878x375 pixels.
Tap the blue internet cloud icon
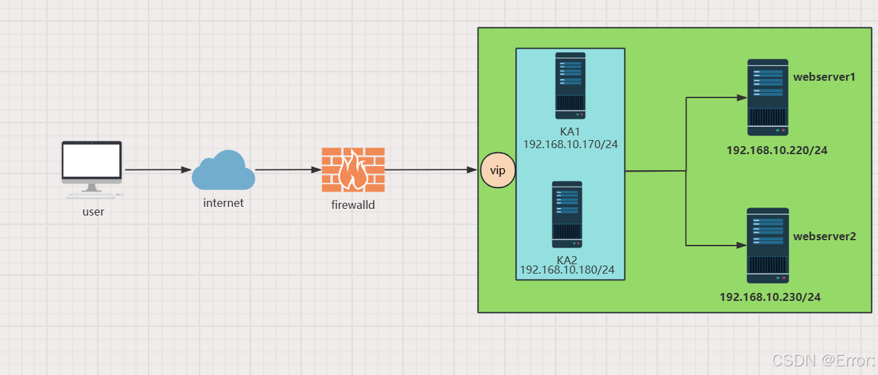(x=223, y=171)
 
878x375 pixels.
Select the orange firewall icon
(x=353, y=169)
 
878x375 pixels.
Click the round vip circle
(x=498, y=171)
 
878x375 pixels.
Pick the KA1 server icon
(x=570, y=85)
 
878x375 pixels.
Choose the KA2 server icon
(x=567, y=214)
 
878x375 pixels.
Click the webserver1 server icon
(x=768, y=97)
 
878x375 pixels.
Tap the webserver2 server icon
(x=768, y=246)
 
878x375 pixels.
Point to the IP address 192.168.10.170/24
(x=570, y=144)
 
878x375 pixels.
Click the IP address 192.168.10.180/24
(x=567, y=270)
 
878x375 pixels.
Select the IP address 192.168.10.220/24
(x=777, y=151)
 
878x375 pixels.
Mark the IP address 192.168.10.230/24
(x=770, y=297)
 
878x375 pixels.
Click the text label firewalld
(x=353, y=205)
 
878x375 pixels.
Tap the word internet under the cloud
(x=224, y=203)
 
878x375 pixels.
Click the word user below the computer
(x=93, y=212)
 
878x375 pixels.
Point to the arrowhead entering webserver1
(x=741, y=97)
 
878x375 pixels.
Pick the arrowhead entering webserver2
(x=741, y=246)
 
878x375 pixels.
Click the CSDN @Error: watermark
(x=823, y=360)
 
